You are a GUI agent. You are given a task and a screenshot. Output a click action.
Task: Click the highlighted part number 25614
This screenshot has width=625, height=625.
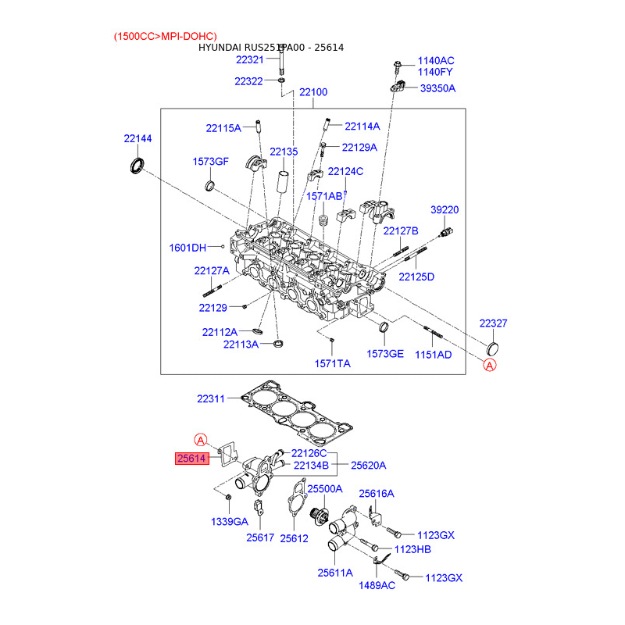tap(191, 459)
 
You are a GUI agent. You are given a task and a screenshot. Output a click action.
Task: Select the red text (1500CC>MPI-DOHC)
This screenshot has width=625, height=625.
tap(166, 36)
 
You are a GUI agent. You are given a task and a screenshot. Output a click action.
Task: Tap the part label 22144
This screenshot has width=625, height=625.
tap(137, 139)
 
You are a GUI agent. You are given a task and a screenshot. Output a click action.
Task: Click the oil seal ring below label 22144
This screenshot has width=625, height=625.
tap(137, 166)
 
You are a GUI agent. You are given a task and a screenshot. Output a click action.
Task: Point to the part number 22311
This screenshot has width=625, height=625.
tap(211, 398)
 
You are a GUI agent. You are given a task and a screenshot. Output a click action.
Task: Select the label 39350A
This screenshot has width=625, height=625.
tap(437, 88)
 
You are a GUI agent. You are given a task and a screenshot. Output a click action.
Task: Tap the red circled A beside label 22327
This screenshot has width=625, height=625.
tap(490, 365)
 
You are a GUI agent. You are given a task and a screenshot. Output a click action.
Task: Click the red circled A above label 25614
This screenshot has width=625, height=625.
tap(201, 440)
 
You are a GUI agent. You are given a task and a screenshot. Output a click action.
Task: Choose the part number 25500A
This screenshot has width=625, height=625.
tap(325, 489)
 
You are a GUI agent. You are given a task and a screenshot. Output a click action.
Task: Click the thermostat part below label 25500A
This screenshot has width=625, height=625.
tap(320, 516)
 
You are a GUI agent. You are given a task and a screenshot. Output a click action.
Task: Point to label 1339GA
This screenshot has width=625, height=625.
tap(229, 522)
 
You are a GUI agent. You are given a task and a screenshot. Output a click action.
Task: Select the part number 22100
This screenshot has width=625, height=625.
tap(313, 92)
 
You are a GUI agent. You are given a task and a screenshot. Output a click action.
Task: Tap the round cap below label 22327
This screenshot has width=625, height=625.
tap(493, 348)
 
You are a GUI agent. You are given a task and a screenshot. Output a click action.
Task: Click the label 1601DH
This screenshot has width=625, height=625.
tap(187, 248)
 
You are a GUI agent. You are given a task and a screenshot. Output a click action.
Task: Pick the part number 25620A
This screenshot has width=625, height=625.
tap(368, 466)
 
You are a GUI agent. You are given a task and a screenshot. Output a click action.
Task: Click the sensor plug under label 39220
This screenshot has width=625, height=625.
tap(446, 232)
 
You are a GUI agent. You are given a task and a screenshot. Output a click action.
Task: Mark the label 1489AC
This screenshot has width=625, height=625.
tap(377, 585)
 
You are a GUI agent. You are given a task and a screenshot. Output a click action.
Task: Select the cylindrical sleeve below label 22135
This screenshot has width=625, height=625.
tap(283, 182)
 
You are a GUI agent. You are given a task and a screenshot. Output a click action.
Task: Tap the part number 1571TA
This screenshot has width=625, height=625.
tap(333, 363)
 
